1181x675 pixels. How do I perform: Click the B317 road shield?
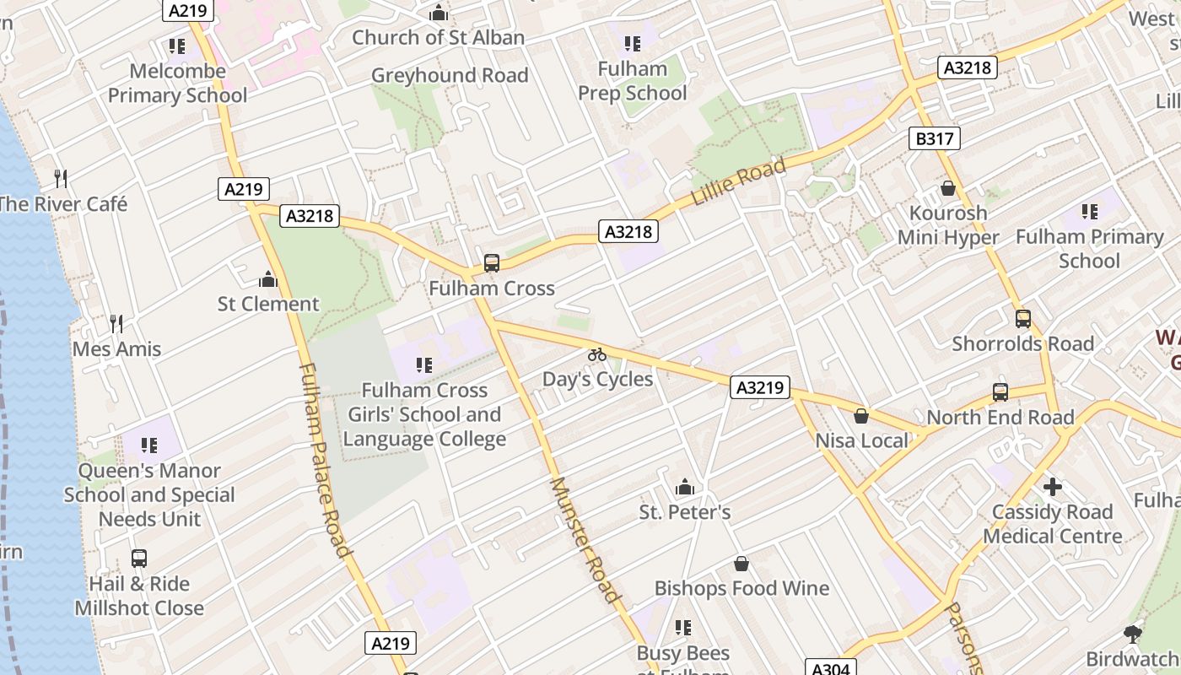[934, 138]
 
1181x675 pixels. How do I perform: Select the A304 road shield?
[830, 668]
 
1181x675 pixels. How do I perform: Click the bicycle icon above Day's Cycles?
[597, 354]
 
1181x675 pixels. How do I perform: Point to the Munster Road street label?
[585, 540]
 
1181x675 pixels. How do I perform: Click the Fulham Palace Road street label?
[324, 460]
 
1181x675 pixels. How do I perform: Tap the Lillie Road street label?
[738, 181]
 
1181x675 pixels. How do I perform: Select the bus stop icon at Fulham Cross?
[492, 263]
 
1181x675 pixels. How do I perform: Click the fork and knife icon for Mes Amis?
[116, 323]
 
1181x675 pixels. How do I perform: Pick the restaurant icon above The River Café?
[61, 178]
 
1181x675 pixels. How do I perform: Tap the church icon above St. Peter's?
[685, 487]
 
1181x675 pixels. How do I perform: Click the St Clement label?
[268, 304]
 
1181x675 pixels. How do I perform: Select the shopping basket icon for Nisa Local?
[861, 416]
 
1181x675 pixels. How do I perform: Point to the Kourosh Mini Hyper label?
[947, 224]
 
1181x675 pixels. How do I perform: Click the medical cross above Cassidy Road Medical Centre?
[1052, 487]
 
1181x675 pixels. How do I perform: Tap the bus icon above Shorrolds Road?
[1022, 319]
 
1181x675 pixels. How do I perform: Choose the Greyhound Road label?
[450, 75]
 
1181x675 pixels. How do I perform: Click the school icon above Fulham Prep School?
[632, 44]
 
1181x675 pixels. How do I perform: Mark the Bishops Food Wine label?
[741, 588]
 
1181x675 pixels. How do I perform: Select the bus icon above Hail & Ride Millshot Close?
[139, 559]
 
